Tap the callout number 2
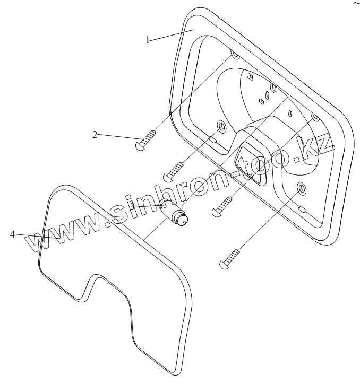[95, 135]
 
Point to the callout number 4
[12, 234]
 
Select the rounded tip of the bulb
[184, 221]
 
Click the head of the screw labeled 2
[140, 144]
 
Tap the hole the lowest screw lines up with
[302, 188]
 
